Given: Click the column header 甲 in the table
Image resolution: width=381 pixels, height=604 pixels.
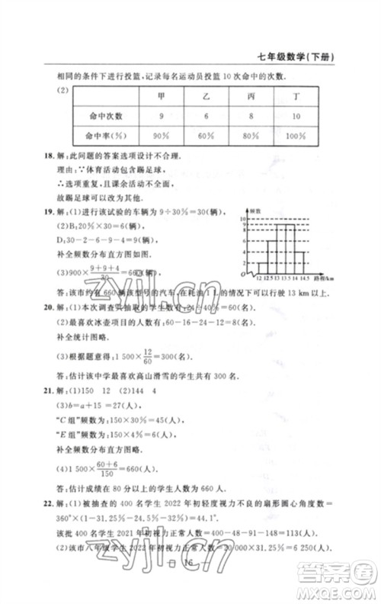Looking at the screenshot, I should coord(161,96).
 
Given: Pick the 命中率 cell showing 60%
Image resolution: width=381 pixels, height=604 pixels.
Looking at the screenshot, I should coord(206,135).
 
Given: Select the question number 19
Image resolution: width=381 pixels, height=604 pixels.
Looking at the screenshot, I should coord(49,209).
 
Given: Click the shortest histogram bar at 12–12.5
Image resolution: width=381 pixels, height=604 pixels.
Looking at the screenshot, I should coord(262,267).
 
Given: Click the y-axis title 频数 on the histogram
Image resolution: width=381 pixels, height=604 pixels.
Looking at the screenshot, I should coord(256,210).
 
